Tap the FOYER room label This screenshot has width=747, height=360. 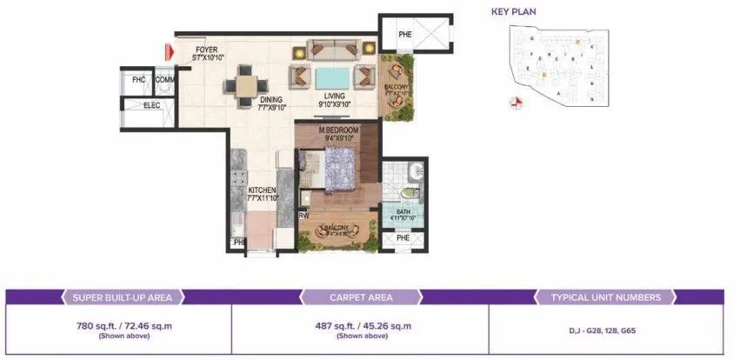tap(206, 49)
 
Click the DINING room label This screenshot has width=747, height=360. tap(272, 100)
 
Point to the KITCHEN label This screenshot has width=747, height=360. tap(262, 190)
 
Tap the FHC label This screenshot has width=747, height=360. tap(138, 80)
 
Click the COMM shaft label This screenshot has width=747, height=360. tap(165, 80)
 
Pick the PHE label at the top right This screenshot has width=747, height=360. tap(405, 35)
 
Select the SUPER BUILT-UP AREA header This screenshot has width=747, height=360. tap(121, 297)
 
